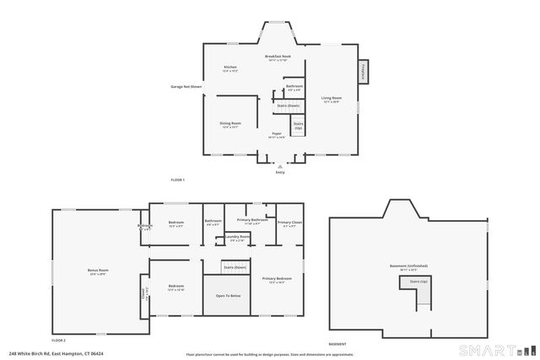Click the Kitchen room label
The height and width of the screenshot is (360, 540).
(x=230, y=68)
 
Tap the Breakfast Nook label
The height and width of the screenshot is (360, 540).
(x=278, y=58)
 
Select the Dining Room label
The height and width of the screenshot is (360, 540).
(x=230, y=125)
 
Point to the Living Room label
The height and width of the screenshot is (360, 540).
(x=332, y=99)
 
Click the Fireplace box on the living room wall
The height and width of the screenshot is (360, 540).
(x=364, y=72)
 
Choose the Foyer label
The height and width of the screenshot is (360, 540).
(x=277, y=134)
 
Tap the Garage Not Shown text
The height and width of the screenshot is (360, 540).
(x=186, y=86)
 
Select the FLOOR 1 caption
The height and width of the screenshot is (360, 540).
(x=177, y=180)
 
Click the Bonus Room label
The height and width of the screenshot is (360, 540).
(x=99, y=271)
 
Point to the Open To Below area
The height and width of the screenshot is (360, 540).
(x=228, y=296)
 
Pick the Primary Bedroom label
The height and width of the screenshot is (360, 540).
(x=278, y=280)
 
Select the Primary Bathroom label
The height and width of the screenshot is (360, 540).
(x=252, y=221)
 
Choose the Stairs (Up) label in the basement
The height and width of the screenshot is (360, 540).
(x=418, y=282)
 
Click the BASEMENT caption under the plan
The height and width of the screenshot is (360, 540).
(x=337, y=345)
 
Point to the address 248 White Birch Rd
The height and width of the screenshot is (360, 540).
(x=51, y=354)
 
